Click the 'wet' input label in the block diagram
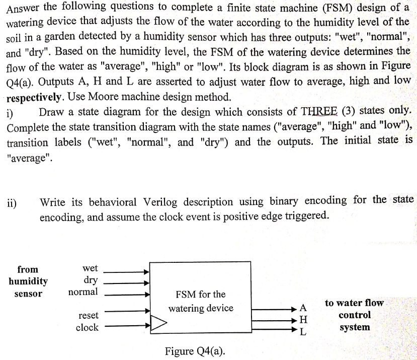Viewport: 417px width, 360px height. tap(90, 268)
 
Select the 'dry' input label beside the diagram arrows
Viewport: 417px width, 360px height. tap(91, 280)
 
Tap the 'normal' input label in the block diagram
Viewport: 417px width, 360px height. tap(83, 292)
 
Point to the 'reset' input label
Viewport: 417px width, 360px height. tap(89, 316)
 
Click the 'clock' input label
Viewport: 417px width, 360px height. tap(87, 327)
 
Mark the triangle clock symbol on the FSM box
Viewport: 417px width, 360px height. tap(158, 323)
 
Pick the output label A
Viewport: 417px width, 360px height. tap(303, 308)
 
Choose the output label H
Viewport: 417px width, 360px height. tap(303, 319)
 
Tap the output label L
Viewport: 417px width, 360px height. tap(303, 331)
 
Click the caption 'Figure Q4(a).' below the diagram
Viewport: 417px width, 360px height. tap(195, 351)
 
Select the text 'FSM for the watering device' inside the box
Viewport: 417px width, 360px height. tap(201, 301)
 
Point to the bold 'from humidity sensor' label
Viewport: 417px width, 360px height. tap(28, 281)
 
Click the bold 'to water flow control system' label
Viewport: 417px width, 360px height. tap(355, 315)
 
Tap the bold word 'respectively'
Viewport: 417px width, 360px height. tap(34, 98)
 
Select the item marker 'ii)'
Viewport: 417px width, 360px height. tap(12, 203)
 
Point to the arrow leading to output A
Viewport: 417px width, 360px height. tap(274, 309)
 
